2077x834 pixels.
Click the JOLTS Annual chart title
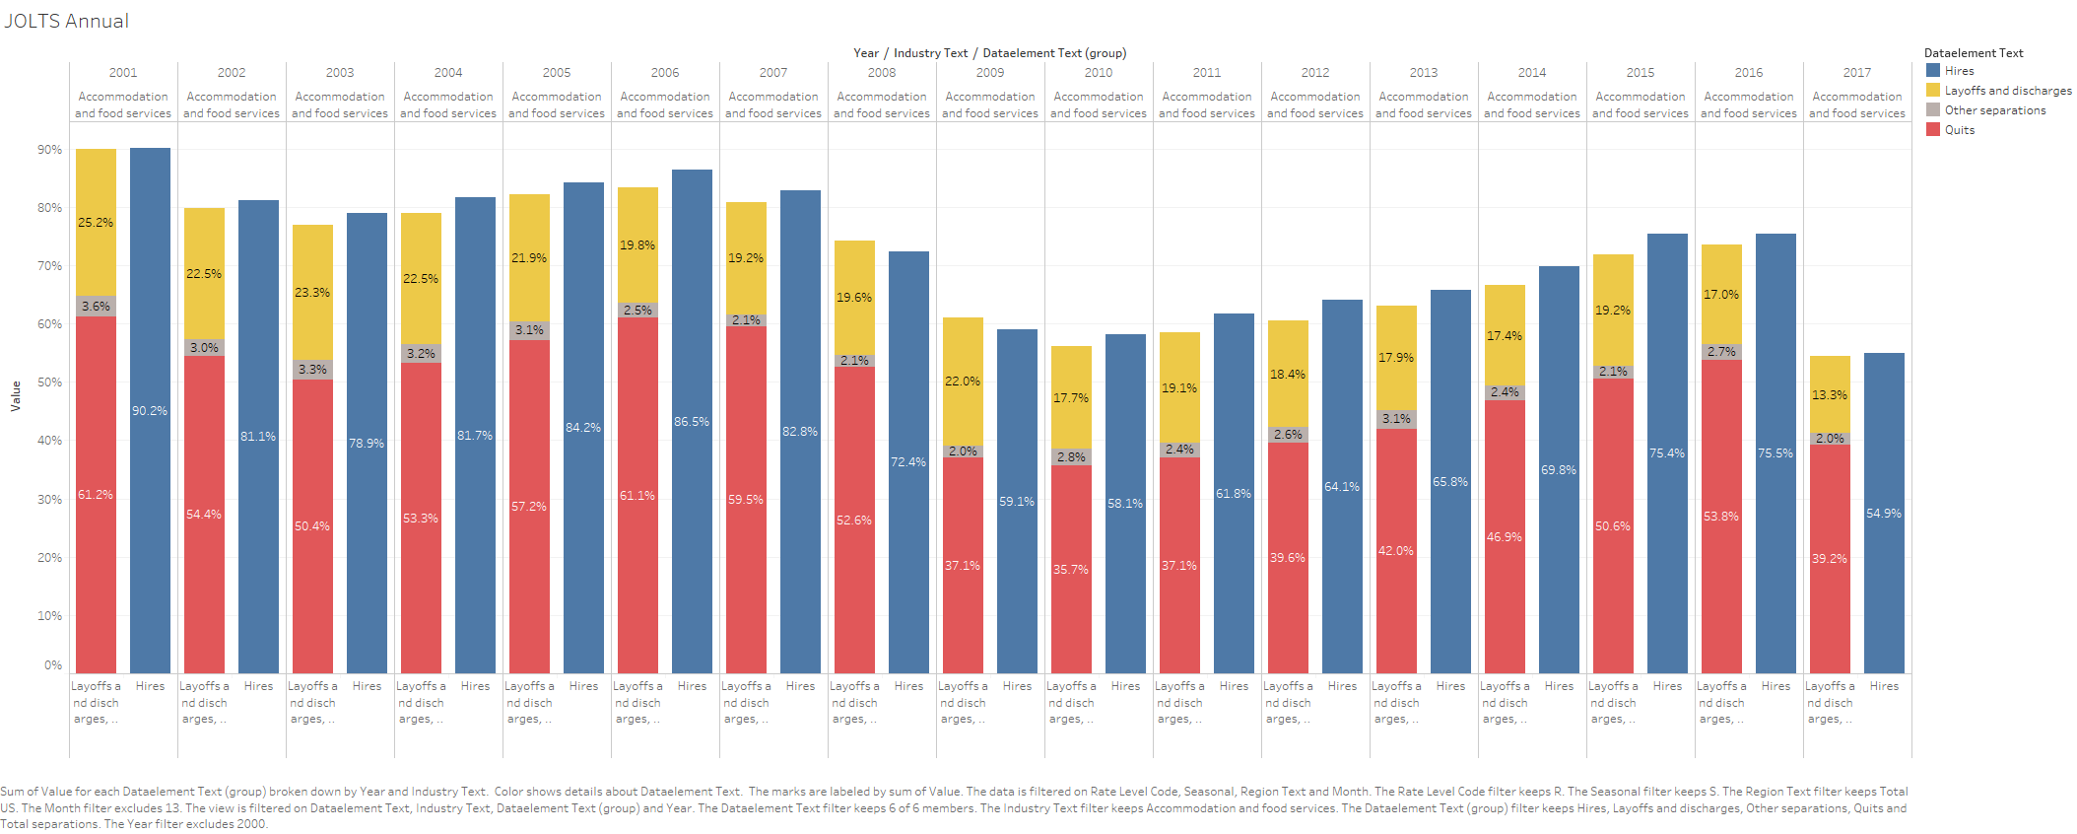point(66,21)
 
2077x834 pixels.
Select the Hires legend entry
point(1958,71)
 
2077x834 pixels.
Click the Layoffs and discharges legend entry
point(2006,91)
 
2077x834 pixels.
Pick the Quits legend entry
point(1958,130)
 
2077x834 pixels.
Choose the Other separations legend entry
point(1993,110)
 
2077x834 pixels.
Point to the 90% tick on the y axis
point(49,150)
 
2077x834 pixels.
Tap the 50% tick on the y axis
point(49,382)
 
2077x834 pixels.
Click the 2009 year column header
point(990,73)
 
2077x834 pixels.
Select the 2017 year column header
point(1857,73)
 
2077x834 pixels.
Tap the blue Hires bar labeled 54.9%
point(1884,514)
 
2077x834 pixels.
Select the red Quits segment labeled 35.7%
point(1071,570)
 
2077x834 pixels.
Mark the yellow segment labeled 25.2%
point(96,223)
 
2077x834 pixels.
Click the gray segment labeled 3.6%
point(96,307)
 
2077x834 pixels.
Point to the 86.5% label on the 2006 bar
point(692,422)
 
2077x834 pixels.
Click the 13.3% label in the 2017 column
point(1830,395)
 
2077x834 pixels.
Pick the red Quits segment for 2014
point(1505,537)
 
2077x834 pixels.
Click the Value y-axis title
point(16,395)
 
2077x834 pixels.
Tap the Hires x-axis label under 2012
point(1342,686)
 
